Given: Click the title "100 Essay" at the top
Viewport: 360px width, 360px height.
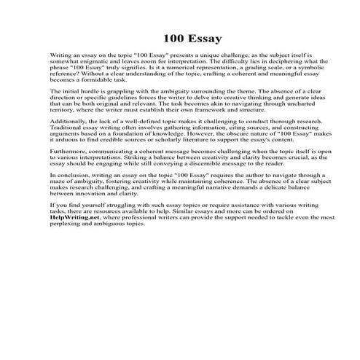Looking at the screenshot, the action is pos(179,37).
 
